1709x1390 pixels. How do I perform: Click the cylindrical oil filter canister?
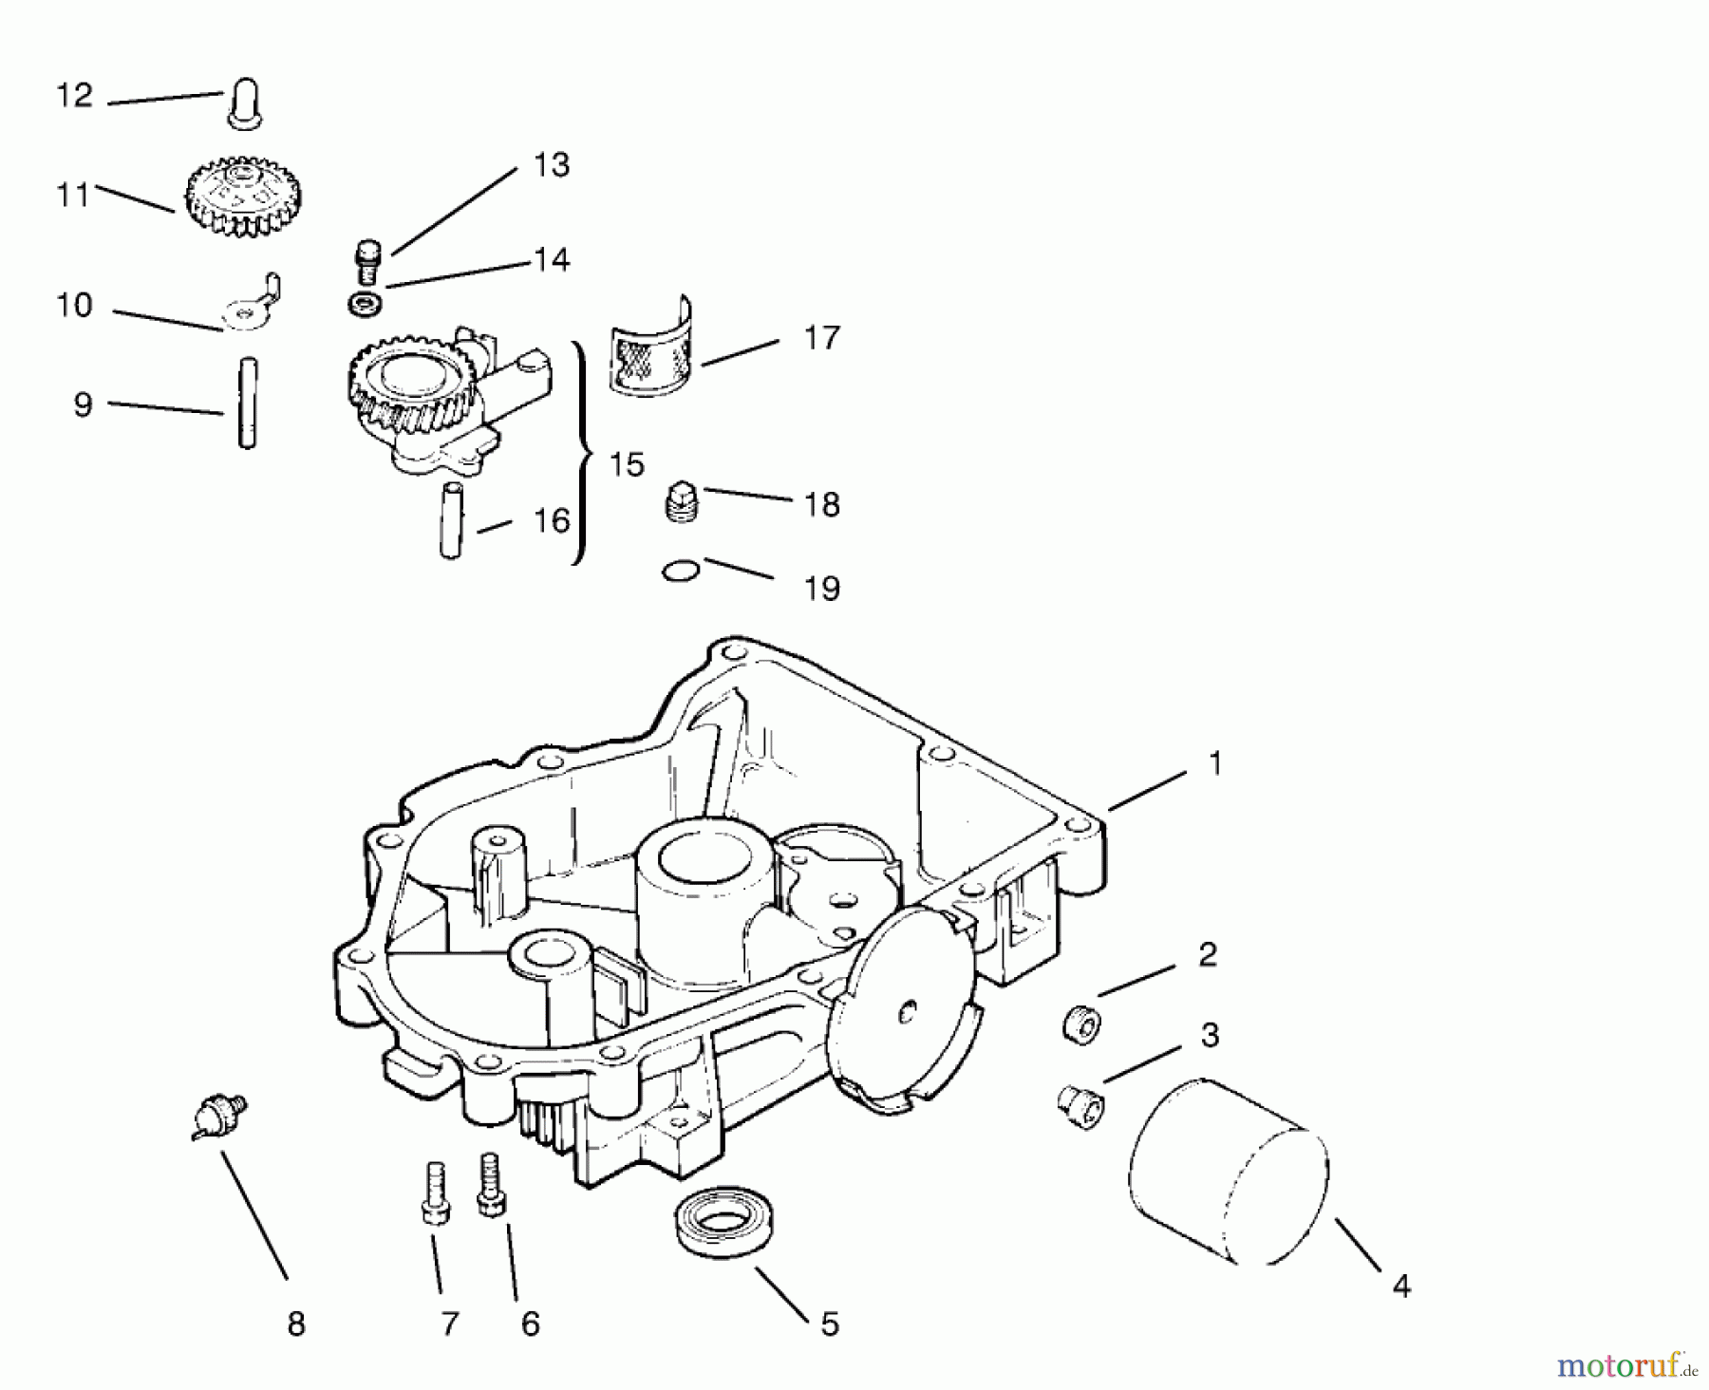click(1229, 1172)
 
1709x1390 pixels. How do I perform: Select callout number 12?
click(75, 96)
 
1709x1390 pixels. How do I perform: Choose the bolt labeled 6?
click(490, 1183)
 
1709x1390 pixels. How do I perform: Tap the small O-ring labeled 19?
click(681, 571)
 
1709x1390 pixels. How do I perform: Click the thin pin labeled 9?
click(247, 403)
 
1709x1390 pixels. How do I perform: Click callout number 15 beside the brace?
click(627, 464)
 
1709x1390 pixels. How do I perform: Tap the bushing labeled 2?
click(1080, 1026)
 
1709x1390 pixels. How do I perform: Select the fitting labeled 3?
click(1080, 1106)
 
